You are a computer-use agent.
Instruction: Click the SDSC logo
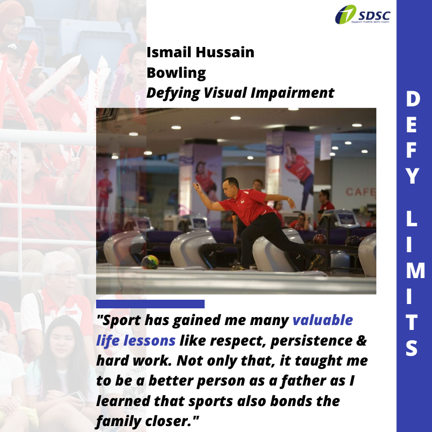[x=362, y=15]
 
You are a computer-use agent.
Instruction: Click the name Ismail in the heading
[x=169, y=52]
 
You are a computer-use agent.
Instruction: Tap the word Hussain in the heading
[x=225, y=52]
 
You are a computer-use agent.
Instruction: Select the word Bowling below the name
[x=176, y=73]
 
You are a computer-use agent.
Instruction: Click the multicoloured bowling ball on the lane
[x=150, y=262]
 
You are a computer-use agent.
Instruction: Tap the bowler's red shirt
[x=247, y=205]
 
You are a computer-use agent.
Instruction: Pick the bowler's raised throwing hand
[x=197, y=186]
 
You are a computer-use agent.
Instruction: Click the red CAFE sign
[x=361, y=192]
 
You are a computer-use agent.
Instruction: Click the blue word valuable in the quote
[x=322, y=320]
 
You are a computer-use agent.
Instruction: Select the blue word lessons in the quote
[x=149, y=341]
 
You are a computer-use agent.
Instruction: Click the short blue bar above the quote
[x=150, y=304]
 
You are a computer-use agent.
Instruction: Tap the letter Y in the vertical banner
[x=412, y=176]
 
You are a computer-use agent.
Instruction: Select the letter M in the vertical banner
[x=415, y=271]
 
